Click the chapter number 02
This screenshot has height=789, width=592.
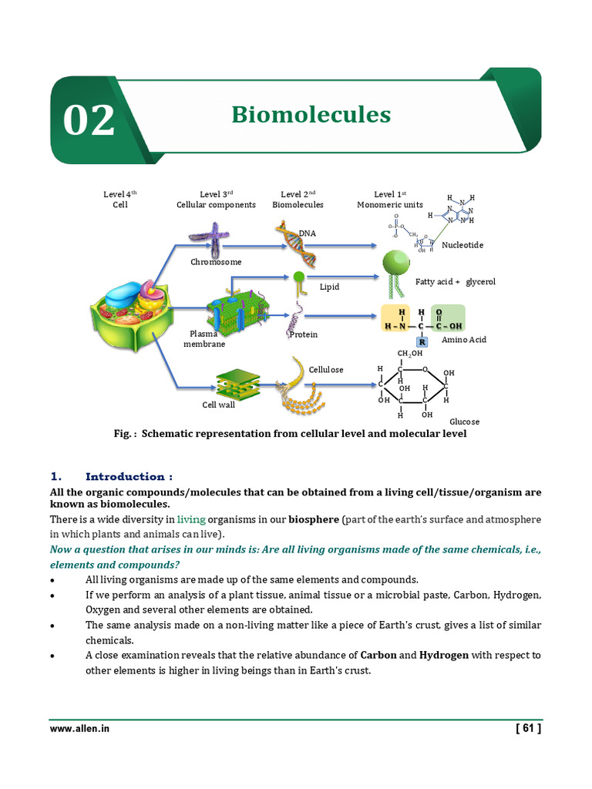point(89,120)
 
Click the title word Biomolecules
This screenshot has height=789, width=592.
point(311,115)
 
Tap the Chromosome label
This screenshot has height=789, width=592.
point(216,262)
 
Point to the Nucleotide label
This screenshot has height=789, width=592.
point(462,245)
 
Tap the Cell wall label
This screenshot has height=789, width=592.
point(218,404)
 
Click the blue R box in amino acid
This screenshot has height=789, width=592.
point(422,342)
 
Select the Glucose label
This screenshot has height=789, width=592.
point(465,421)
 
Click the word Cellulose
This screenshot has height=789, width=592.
point(326,370)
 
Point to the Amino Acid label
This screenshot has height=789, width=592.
point(464,339)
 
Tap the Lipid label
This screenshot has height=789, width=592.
point(330,287)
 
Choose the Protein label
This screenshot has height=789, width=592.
point(304,334)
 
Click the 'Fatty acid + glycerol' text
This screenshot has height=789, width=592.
point(455,282)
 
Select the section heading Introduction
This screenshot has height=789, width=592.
point(129,476)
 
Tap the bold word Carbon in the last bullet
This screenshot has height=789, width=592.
point(378,655)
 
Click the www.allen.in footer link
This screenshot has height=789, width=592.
point(79,728)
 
